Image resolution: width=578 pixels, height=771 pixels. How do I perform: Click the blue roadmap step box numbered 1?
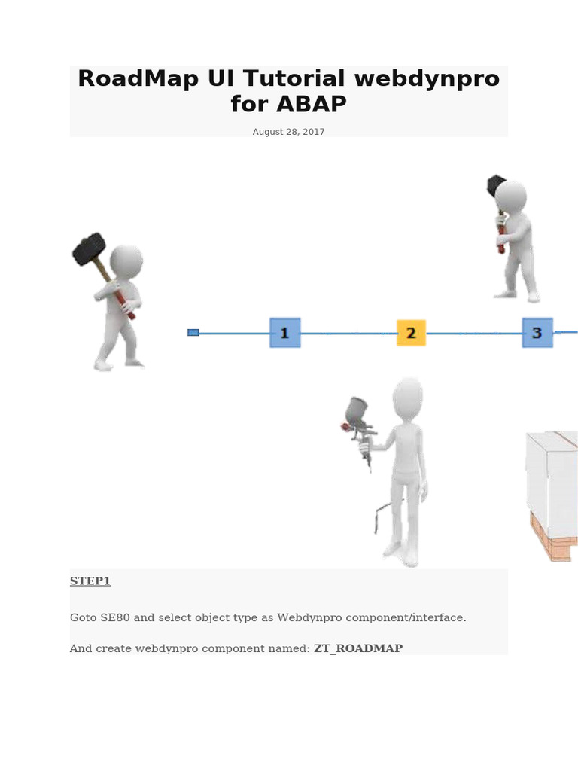285,333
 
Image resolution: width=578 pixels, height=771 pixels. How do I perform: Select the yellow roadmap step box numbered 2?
411,333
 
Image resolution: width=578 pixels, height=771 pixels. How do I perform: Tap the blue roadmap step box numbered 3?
537,333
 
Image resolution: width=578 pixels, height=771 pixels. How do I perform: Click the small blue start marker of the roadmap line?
193,333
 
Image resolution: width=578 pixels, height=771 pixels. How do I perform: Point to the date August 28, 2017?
288,132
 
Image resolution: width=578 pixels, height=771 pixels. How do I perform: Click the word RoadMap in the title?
138,78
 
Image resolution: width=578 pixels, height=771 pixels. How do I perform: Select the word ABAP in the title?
312,104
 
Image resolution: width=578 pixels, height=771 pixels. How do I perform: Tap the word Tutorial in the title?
294,78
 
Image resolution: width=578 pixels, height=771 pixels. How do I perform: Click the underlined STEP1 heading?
90,581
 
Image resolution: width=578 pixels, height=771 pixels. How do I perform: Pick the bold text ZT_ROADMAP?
358,648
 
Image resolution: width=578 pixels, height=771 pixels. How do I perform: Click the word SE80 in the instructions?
115,617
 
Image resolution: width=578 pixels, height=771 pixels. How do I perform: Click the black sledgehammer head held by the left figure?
89,249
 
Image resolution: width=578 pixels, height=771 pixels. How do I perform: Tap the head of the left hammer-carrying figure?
126,261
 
